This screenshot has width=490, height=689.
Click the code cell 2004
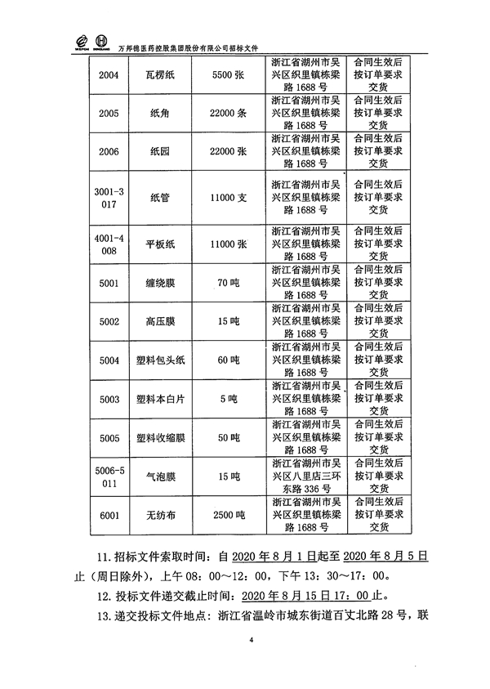pyautogui.click(x=108, y=75)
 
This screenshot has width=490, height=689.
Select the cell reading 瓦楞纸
pyautogui.click(x=160, y=75)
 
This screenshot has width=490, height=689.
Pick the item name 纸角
pyautogui.click(x=160, y=114)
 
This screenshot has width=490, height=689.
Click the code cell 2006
pyautogui.click(x=108, y=152)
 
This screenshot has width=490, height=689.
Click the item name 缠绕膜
pyautogui.click(x=160, y=284)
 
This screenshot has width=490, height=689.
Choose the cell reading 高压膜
pyautogui.click(x=160, y=322)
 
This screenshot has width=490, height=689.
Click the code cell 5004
pyautogui.click(x=108, y=360)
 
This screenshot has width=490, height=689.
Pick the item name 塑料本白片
pyautogui.click(x=160, y=399)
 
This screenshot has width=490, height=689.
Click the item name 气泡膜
pyautogui.click(x=160, y=476)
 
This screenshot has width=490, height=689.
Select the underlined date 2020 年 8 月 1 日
pyautogui.click(x=269, y=557)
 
